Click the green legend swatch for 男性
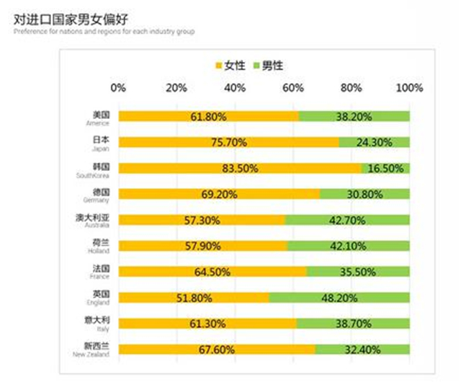(254, 66)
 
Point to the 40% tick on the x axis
(235, 88)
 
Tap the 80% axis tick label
(352, 88)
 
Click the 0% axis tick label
(119, 88)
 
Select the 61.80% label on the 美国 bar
(209, 117)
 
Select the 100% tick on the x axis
(410, 88)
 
